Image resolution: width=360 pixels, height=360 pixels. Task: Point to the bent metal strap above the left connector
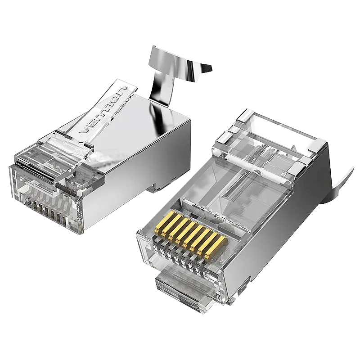click(175, 73)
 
